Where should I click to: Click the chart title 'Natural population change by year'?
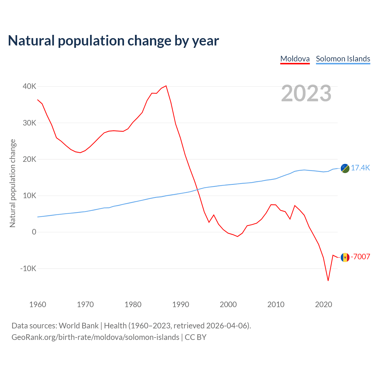tap(113, 41)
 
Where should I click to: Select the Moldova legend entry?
tap(295, 59)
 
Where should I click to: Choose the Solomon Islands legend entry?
tap(343, 59)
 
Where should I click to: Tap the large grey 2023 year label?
tap(306, 93)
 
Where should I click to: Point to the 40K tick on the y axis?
tap(29, 86)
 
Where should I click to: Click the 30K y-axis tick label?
tap(29, 123)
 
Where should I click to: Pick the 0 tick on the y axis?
tap(34, 232)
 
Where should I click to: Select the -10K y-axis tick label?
tap(28, 268)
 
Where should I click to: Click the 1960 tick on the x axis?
tap(38, 304)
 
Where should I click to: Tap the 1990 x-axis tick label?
tap(181, 304)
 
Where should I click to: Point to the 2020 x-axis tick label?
tap(324, 304)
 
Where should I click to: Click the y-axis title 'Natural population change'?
tap(13, 183)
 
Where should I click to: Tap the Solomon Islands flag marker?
tap(345, 168)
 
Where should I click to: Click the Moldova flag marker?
tap(345, 258)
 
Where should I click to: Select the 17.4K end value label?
tap(360, 168)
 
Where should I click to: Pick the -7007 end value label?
tap(360, 257)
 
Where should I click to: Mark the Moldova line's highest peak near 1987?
tap(166, 86)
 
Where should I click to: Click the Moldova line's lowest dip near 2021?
tap(328, 281)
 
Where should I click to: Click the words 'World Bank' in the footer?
tap(79, 326)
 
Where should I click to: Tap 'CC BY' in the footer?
tap(195, 337)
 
